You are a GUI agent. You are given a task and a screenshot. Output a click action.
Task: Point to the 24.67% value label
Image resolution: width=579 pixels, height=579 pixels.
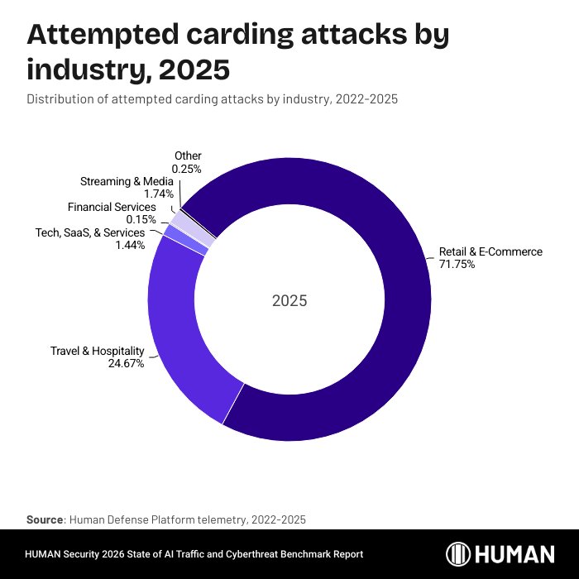coord(126,363)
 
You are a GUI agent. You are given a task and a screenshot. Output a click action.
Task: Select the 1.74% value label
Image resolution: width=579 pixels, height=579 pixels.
coord(159,194)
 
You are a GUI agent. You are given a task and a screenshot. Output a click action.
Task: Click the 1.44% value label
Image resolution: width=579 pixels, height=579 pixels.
coord(131,245)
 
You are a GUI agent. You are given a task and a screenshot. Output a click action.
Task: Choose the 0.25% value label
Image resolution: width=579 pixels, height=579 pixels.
coord(187,169)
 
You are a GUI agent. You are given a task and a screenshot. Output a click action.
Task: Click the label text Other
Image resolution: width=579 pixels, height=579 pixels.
coord(188,156)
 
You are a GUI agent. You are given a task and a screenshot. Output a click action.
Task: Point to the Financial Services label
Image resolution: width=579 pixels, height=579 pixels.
coord(112,207)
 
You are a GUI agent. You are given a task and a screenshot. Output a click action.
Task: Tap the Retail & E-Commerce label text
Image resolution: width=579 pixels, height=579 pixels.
coord(490,251)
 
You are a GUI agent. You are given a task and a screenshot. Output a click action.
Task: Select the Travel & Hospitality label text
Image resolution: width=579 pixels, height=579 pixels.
coord(98,351)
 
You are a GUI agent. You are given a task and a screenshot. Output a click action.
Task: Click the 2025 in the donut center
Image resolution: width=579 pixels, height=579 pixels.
coord(289,300)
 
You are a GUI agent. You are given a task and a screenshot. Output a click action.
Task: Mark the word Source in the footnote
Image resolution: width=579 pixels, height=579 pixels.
coord(45,519)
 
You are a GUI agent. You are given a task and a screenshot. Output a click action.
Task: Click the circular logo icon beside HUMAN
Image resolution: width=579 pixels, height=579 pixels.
coord(459,554)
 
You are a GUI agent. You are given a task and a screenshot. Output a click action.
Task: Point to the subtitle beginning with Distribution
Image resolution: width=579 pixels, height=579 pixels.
coord(213,99)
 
